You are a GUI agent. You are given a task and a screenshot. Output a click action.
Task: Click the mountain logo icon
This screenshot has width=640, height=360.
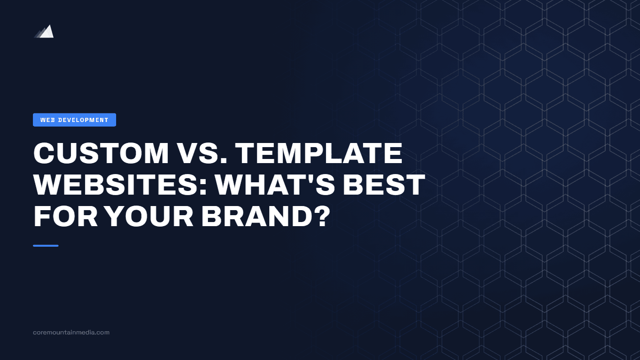(44, 32)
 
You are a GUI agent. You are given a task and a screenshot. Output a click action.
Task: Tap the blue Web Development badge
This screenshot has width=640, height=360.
(75, 120)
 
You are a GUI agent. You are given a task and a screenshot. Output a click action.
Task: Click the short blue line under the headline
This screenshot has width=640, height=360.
(46, 246)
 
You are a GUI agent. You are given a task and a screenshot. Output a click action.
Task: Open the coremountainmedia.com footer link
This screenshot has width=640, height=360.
(71, 333)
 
